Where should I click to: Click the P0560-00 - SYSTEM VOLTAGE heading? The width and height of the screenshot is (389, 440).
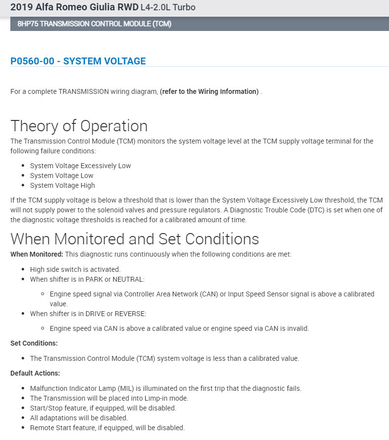pyautogui.click(x=78, y=61)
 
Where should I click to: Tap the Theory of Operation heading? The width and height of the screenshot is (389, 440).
pyautogui.click(x=79, y=126)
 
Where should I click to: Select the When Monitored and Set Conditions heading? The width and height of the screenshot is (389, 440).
pyautogui.click(x=134, y=239)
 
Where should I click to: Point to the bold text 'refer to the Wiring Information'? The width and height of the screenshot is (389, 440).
pyautogui.click(x=209, y=91)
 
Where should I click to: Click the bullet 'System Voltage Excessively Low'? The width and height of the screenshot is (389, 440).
pyautogui.click(x=80, y=166)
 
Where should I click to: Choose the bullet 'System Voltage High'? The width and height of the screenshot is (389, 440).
pyautogui.click(x=63, y=185)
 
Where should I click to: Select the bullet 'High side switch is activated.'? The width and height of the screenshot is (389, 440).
pyautogui.click(x=75, y=269)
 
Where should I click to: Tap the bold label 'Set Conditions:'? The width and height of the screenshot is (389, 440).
pyautogui.click(x=34, y=343)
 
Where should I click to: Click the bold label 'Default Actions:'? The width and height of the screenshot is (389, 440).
pyautogui.click(x=35, y=373)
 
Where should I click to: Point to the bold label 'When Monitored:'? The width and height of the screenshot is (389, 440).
pyautogui.click(x=36, y=254)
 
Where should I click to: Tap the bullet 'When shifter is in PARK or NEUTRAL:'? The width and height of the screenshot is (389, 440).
pyautogui.click(x=87, y=279)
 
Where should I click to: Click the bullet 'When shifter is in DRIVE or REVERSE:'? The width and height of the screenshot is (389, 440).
pyautogui.click(x=88, y=314)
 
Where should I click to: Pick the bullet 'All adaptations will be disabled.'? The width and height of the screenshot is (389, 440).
pyautogui.click(x=79, y=418)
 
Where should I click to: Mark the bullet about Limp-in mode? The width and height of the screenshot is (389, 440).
pyautogui.click(x=109, y=398)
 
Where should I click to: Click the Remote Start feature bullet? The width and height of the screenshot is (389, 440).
pyautogui.click(x=107, y=428)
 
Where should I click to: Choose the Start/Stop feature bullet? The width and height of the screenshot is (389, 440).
pyautogui.click(x=103, y=408)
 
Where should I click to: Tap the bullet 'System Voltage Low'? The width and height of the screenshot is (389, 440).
pyautogui.click(x=62, y=176)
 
